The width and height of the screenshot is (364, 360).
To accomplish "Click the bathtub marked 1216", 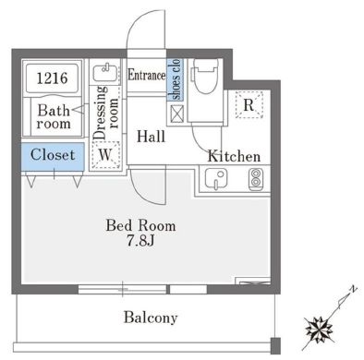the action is (x=52, y=78).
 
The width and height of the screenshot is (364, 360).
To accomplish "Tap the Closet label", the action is (x=53, y=155).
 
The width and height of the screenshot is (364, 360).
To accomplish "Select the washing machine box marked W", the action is (x=105, y=155).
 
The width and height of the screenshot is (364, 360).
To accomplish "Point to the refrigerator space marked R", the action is (x=249, y=104).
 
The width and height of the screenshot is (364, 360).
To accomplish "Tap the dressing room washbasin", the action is (x=105, y=74).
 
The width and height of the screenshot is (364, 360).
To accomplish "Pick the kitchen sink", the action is (x=216, y=179).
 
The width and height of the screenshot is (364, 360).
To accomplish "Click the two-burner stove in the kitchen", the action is (x=255, y=179).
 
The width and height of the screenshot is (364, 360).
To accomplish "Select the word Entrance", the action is (x=147, y=75).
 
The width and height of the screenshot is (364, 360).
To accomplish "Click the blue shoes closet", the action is (x=175, y=79).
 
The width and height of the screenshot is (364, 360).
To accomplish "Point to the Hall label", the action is (x=151, y=137).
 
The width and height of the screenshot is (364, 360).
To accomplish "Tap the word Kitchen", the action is (x=234, y=156).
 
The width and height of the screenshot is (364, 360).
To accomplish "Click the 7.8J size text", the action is (x=140, y=241).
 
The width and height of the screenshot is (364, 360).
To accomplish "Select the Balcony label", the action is (x=151, y=318).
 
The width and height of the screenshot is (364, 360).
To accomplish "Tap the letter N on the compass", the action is (x=354, y=289).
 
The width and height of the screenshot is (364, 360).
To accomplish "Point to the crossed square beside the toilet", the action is (x=176, y=114).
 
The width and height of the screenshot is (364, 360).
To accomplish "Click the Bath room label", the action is (x=54, y=117).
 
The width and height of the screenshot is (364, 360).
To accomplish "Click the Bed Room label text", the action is (x=140, y=225).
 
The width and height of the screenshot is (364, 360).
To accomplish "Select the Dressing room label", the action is (x=106, y=113).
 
